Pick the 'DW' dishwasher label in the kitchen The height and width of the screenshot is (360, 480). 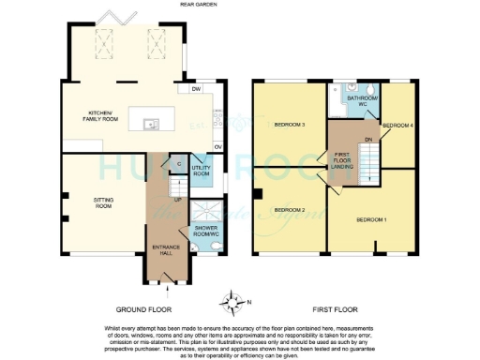[x=197, y=90]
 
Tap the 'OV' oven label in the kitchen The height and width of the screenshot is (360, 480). [x=217, y=147]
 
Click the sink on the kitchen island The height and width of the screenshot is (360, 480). [x=148, y=123]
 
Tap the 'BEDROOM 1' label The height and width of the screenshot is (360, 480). [x=371, y=219]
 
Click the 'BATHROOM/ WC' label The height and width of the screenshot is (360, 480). [x=361, y=100]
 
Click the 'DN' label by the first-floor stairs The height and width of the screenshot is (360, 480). [x=367, y=138]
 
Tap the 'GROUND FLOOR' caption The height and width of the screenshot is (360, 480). [x=142, y=308]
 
